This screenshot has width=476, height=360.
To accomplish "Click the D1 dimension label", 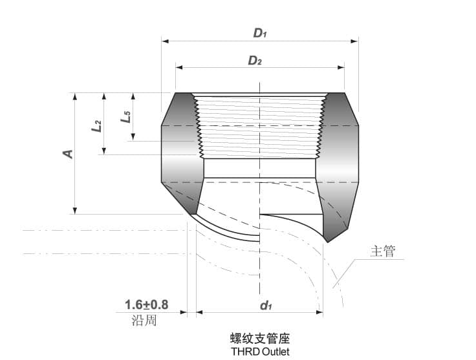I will click(260, 33).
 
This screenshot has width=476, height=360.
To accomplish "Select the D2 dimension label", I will click(255, 61).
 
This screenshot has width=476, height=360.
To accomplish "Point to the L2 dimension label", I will click(96, 125).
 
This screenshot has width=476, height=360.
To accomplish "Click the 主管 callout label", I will click(382, 252).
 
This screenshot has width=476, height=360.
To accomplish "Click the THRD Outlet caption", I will click(260, 352).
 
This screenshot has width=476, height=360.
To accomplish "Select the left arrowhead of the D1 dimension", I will click(165, 41).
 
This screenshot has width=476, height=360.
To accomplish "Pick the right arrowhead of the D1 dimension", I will click(354, 41).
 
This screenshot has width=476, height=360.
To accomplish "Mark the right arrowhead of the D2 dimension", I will click(340, 67).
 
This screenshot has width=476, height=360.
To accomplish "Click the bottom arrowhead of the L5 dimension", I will click(133, 137).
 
